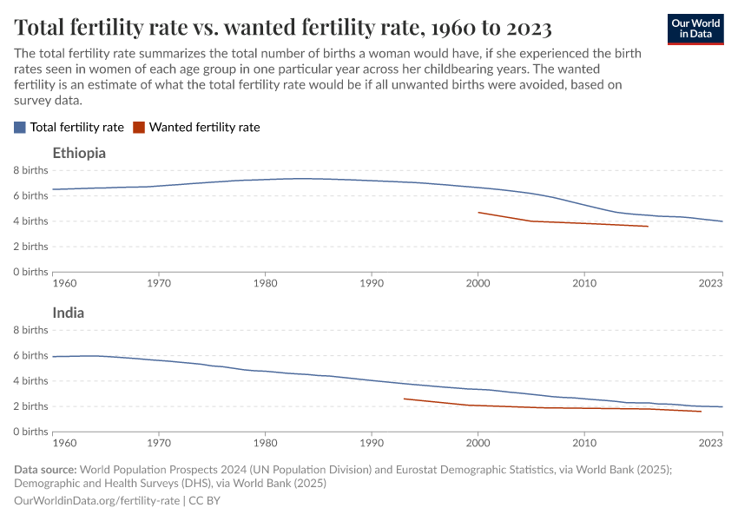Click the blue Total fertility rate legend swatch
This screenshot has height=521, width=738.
coord(20,127)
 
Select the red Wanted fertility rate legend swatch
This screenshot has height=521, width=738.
coord(139,127)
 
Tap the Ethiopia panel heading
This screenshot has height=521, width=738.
coord(79,153)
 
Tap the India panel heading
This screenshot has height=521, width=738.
coord(68,313)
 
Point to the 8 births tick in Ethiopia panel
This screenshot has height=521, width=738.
coord(30,171)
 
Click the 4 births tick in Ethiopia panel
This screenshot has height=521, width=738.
coord(30,221)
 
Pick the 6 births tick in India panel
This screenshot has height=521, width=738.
coord(30,356)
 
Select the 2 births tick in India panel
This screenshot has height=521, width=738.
coord(30,406)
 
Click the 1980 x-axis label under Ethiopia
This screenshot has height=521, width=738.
coord(265,283)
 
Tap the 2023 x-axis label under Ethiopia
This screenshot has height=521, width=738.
coord(710,283)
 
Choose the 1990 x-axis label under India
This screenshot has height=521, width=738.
coord(372,443)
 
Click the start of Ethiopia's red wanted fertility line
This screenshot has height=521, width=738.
coord(478,212)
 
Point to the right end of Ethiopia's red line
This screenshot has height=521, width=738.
coord(648,227)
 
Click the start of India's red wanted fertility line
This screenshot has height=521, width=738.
coord(404,399)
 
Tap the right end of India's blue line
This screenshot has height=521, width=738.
coord(722,407)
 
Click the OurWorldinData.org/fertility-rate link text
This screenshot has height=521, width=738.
coord(97,501)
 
